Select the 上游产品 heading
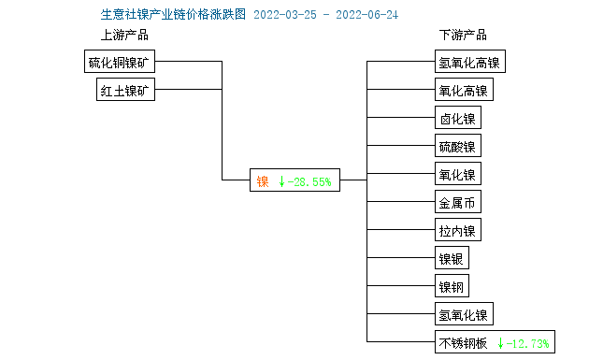click(x=124, y=36)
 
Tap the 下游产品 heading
click(x=463, y=36)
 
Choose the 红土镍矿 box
click(x=127, y=90)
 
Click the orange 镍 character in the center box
click(x=263, y=181)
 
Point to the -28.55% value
click(x=310, y=181)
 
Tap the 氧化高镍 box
click(x=463, y=91)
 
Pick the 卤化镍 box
click(x=457, y=119)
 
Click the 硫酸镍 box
click(x=457, y=146)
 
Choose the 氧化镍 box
click(x=457, y=174)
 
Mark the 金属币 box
click(x=457, y=202)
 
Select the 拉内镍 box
click(x=457, y=230)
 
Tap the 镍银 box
click(x=452, y=258)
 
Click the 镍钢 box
click(x=452, y=285)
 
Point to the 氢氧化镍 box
click(x=463, y=313)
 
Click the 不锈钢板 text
click(x=463, y=342)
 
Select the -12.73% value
click(x=528, y=342)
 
